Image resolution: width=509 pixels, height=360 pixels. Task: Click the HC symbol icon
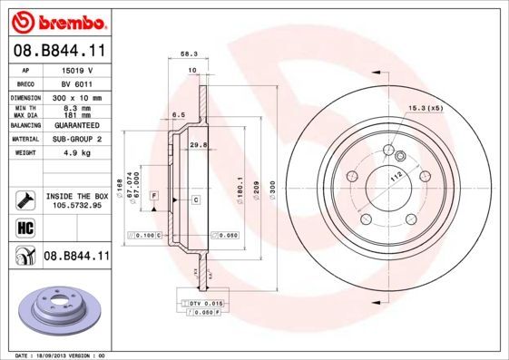pos(24,227)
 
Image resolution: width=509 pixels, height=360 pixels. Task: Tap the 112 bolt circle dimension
pos(396,178)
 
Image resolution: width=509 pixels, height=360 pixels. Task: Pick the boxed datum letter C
pos(196,198)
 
